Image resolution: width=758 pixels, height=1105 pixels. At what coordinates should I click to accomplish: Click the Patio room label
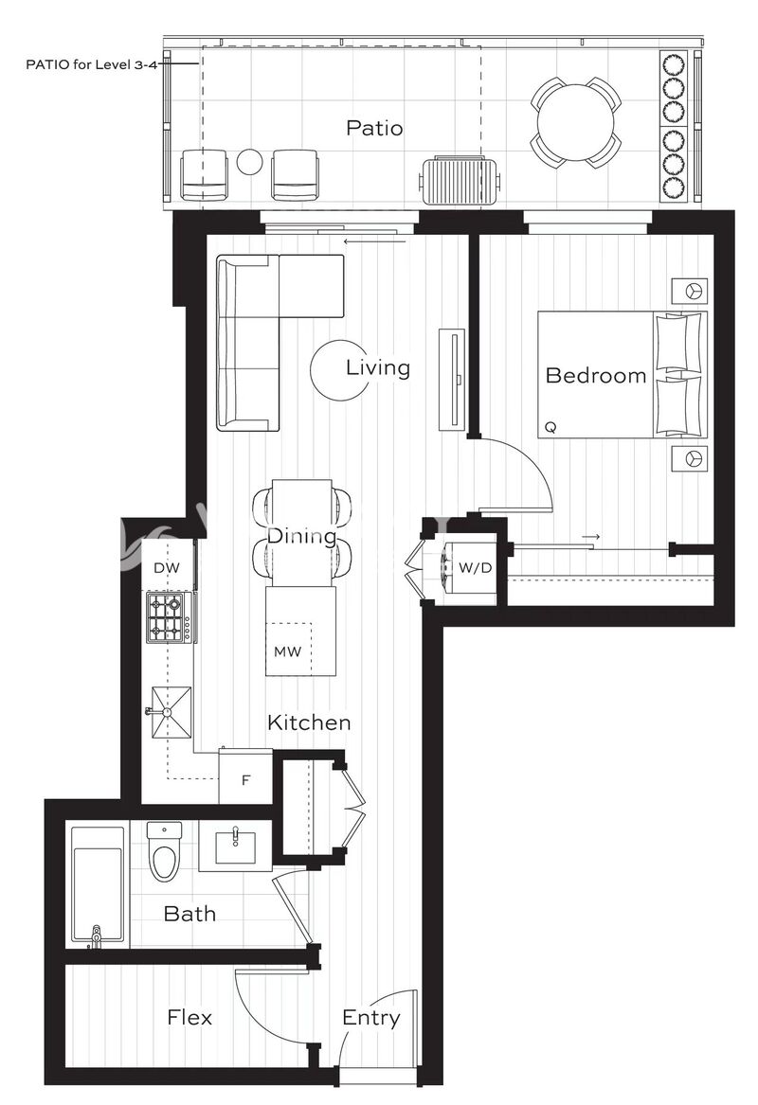point(374,128)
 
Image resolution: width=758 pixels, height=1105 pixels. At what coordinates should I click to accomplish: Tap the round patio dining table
point(575,124)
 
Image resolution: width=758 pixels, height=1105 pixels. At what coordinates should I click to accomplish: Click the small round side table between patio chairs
point(249,162)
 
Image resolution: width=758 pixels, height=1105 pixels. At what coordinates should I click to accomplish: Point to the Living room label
point(378,367)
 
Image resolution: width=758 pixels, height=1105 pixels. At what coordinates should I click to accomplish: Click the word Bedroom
point(596,375)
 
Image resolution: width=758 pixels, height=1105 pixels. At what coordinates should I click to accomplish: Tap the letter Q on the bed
point(550,427)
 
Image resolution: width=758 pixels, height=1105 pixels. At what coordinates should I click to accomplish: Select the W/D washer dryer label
point(476,567)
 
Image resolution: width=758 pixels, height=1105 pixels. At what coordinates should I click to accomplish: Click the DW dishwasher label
point(167,568)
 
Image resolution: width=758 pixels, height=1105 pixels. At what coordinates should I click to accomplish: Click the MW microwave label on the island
point(287,651)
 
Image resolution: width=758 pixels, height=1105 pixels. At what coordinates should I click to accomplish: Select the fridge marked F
point(245,776)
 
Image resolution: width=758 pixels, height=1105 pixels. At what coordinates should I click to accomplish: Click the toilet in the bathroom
point(164,850)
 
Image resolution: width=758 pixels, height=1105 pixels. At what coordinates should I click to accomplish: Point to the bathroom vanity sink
point(235,846)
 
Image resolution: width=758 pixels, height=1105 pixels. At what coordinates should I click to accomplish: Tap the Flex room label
point(189,1018)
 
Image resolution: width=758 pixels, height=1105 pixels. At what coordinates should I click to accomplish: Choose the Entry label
point(370,1018)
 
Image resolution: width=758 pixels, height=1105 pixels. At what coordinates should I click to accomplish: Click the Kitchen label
point(309,722)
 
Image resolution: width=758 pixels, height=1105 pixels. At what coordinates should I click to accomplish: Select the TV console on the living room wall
point(452,379)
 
